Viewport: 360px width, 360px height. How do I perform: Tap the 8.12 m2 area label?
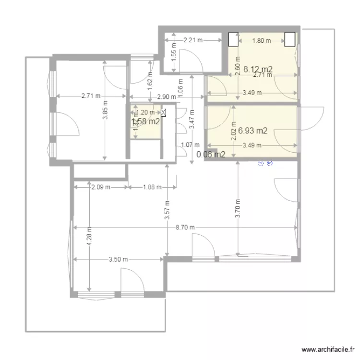point(258,69)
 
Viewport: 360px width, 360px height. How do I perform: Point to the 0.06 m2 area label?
point(211,155)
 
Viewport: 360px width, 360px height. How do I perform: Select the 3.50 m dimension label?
point(118,260)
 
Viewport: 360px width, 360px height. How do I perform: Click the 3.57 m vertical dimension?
point(167,210)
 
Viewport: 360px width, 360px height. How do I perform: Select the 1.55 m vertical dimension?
point(174,50)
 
